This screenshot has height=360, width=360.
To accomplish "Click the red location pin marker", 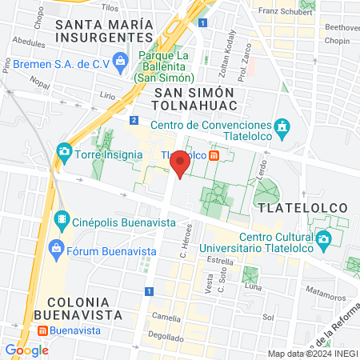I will pyautogui.click(x=180, y=163).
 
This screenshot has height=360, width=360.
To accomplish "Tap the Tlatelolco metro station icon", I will pyautogui.click(x=214, y=155).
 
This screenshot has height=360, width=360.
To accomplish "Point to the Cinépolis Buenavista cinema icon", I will pyautogui.click(x=62, y=218).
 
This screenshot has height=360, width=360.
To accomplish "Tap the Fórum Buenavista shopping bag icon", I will pyautogui.click(x=55, y=249).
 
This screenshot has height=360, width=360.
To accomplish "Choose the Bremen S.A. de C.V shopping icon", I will pyautogui.click(x=120, y=61).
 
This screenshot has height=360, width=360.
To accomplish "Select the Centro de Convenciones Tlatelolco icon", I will pyautogui.click(x=281, y=126).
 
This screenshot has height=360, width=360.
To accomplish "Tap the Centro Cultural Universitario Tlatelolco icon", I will pyautogui.click(x=323, y=238).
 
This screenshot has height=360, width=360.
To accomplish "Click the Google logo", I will pyautogui.click(x=26, y=350).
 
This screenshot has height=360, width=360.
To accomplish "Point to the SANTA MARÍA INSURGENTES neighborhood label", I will pyautogui.click(x=104, y=30).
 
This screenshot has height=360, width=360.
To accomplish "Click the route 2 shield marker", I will pyautogui.click(x=133, y=120).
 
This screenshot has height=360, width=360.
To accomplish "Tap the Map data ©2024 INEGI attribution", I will pyautogui.click(x=312, y=353).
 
